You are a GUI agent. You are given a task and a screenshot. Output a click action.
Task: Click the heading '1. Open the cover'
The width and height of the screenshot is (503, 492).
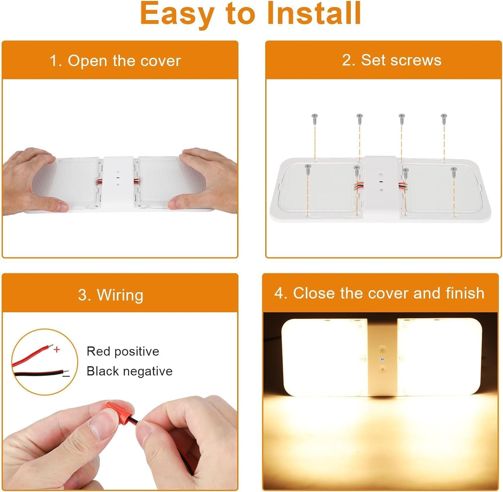115,61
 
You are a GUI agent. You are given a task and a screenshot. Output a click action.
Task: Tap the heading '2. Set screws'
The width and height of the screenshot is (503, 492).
391,60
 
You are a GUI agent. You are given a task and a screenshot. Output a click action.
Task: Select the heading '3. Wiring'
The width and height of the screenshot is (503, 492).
111,295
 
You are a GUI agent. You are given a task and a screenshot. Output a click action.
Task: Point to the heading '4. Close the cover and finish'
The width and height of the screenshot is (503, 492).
379,293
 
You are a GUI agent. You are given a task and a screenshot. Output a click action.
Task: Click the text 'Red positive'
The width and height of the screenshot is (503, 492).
123,351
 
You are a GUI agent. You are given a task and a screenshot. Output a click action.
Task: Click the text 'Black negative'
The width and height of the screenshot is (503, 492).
129,371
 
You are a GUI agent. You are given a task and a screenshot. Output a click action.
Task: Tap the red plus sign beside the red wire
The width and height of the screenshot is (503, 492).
57,349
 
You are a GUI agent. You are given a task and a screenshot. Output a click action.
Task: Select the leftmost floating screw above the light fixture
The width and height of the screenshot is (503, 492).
315,118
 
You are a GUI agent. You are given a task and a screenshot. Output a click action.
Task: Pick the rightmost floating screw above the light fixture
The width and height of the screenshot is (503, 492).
444,118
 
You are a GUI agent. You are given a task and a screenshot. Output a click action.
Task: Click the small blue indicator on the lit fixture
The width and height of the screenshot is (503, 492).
382,360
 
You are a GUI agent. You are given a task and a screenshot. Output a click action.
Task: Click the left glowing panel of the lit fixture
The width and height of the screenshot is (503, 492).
324,357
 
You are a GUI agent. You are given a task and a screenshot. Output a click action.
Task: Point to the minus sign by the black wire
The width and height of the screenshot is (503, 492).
66,375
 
